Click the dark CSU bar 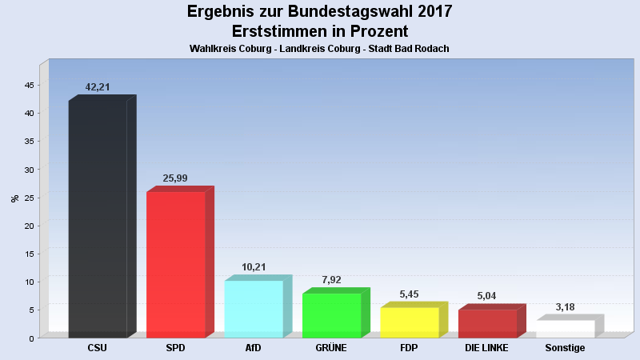(98, 218)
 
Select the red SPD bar (175, 264)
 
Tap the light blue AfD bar (253, 309)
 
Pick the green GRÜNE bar (331, 315)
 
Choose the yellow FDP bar (409, 322)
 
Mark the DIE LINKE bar (487, 323)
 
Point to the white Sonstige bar (565, 329)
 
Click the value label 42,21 (98, 87)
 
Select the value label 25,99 (175, 178)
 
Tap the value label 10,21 (253, 267)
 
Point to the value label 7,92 (331, 280)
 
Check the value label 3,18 (565, 307)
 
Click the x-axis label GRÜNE (331, 348)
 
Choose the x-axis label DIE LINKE (487, 348)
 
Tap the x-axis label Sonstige (565, 348)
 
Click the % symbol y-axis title (14, 198)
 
